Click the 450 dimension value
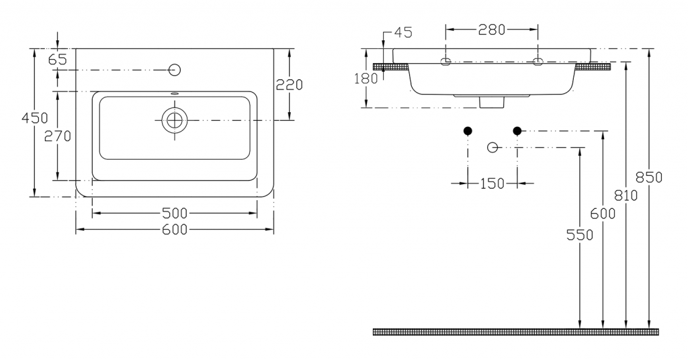pos(35,118)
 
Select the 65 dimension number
pos(58,59)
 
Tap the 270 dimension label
pos(58,136)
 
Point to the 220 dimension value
pos(289,84)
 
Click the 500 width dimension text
pos(175,213)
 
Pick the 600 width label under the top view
pos(175,229)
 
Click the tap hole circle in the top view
pos(175,70)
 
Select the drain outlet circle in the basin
pos(175,120)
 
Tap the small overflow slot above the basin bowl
pos(175,93)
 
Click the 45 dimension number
pos(403,32)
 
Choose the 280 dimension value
pos(491,30)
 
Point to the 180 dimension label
pos(366,79)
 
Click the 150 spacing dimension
pos(492,183)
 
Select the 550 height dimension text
pos(580,235)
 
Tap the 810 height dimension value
pos(626,195)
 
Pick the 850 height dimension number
pos(649,177)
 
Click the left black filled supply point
pos(468,131)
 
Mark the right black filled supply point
pos(517,131)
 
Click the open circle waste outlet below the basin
pos(492,147)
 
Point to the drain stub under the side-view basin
pos(491,102)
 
